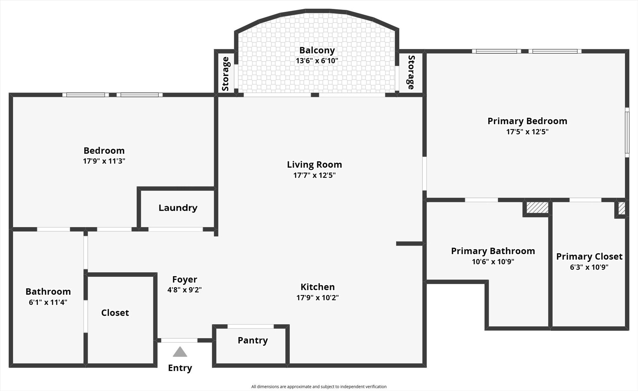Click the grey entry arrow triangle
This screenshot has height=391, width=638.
coord(180,352)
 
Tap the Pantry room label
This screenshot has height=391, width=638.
coord(253,340)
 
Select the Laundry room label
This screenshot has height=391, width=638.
coord(178,208)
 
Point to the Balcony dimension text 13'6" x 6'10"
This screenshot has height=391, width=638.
coord(317,60)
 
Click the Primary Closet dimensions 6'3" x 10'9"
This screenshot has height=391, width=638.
coord(589,267)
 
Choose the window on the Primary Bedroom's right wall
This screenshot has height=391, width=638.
coord(627,132)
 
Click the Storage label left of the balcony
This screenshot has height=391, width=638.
coord(226,74)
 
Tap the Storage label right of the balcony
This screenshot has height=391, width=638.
coord(411,72)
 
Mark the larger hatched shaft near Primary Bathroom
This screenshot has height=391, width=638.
coord(537,208)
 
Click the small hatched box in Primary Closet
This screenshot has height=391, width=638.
coord(621,208)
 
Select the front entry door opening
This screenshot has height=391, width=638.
coord(179,340)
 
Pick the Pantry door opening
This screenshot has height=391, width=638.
coord(250,326)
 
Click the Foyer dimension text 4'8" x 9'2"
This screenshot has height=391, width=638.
coord(184,290)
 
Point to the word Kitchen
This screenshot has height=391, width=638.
coord(317,287)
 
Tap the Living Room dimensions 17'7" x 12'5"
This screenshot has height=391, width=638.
coord(314,175)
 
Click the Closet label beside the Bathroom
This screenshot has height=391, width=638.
coord(115,313)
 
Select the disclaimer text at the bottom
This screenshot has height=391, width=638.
coord(319,387)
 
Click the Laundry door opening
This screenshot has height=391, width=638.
coord(175,229)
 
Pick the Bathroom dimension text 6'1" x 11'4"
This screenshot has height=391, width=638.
coord(48,302)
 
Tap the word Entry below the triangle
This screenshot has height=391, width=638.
coord(180,368)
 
